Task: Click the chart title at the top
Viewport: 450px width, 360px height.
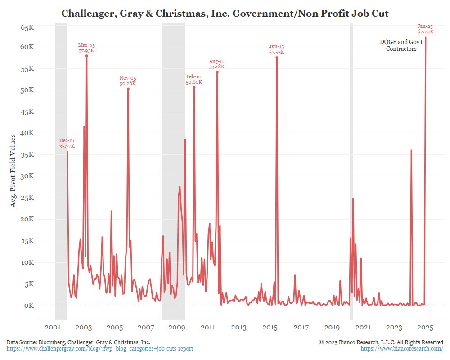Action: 225,13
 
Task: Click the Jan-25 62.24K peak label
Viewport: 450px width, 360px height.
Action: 425,29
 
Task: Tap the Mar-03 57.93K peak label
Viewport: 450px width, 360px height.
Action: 86,48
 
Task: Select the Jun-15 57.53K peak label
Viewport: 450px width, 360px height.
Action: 277,49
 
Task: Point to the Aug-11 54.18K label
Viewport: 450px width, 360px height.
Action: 216,64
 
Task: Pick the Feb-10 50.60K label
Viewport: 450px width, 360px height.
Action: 194,79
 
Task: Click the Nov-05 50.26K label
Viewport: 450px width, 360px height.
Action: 128,81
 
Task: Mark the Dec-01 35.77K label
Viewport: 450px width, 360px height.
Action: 67,144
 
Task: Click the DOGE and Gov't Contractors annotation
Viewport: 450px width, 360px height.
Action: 401,45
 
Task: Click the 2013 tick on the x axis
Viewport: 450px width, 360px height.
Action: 238,327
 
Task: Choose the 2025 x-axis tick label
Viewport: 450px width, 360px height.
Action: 425,327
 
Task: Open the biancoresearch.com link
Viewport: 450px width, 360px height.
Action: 402,349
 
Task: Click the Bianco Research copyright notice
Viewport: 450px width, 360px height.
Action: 381,342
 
